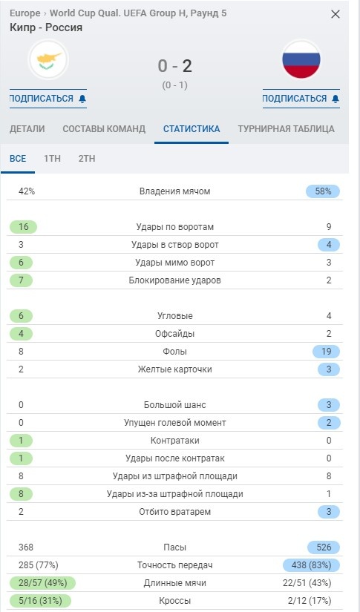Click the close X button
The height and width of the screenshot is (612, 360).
pyautogui.click(x=336, y=14)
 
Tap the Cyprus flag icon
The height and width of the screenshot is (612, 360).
pyautogui.click(x=48, y=60)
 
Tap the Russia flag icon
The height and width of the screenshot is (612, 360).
pyautogui.click(x=301, y=60)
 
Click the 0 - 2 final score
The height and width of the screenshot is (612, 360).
pyautogui.click(x=174, y=66)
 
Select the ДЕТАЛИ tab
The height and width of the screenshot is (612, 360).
pyautogui.click(x=27, y=128)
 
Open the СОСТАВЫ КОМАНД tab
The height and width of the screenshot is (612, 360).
pyautogui.click(x=104, y=128)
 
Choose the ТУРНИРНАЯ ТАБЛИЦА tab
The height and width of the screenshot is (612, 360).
pyautogui.click(x=286, y=128)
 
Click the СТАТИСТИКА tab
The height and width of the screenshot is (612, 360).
pyautogui.click(x=192, y=128)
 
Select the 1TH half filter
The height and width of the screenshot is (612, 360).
pyautogui.click(x=52, y=158)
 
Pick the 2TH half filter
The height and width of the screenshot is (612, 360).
pyautogui.click(x=87, y=158)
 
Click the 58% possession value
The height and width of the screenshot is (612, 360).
pyautogui.click(x=323, y=191)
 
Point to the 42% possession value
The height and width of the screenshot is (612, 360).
pyautogui.click(x=27, y=191)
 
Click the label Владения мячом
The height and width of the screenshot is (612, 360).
pyautogui.click(x=175, y=191)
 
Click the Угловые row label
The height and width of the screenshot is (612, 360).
pyautogui.click(x=175, y=316)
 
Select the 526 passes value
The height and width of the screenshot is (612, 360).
pyautogui.click(x=323, y=547)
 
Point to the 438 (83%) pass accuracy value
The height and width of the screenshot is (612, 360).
pyautogui.click(x=312, y=565)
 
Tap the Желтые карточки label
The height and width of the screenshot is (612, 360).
pyautogui.click(x=175, y=369)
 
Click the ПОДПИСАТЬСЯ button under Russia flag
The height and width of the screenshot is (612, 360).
pyautogui.click(x=301, y=99)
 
